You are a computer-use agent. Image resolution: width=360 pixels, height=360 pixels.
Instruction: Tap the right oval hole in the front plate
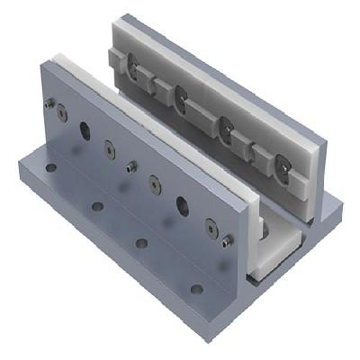tap(182, 204)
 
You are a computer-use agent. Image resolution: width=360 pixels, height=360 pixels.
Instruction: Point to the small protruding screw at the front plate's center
tap(131, 166)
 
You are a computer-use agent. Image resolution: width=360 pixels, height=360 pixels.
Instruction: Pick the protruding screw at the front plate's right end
tap(226, 240)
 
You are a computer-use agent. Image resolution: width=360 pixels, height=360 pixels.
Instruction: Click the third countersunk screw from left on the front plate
tap(154, 184)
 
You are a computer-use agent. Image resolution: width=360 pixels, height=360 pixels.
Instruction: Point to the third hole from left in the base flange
tap(140, 243)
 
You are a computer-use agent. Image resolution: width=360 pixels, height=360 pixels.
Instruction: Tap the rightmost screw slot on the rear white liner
tap(283, 165)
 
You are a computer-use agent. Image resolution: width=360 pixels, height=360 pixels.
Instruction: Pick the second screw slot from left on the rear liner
tap(180, 92)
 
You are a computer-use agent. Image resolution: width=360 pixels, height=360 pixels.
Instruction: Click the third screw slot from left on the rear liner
tap(227, 125)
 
